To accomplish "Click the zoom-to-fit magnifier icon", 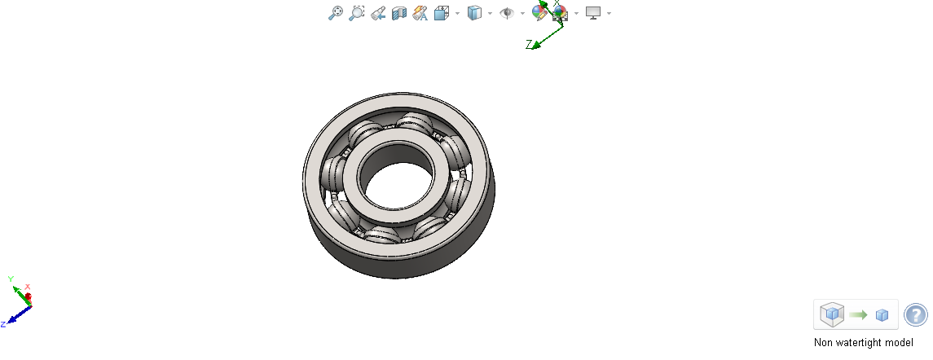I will click(335, 13).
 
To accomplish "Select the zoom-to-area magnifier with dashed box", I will click(356, 13).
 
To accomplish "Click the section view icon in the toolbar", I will click(399, 13).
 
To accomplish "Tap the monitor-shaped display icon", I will click(593, 13).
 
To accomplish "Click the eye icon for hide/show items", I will click(506, 13).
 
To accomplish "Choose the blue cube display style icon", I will click(474, 13).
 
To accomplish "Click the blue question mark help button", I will click(915, 314).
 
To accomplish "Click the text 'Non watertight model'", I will click(863, 343).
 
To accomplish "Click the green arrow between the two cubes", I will click(857, 314).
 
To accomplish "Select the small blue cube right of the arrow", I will click(882, 315).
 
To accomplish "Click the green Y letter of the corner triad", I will click(11, 279).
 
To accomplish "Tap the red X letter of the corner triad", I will click(28, 287).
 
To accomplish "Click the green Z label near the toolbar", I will click(529, 44).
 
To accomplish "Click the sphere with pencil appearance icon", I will click(539, 11).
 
